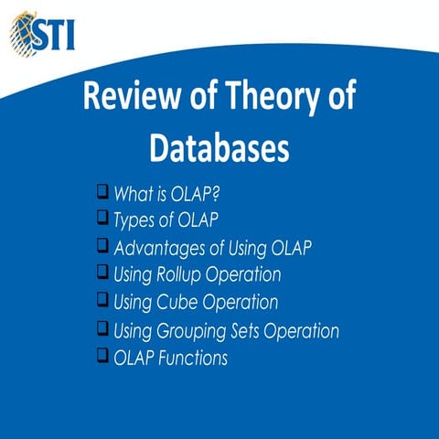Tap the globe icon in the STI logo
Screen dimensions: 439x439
tap(23, 33)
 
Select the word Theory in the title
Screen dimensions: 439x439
tap(268, 98)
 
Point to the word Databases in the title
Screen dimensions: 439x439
tap(219, 148)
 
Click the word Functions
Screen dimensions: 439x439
tap(195, 358)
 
